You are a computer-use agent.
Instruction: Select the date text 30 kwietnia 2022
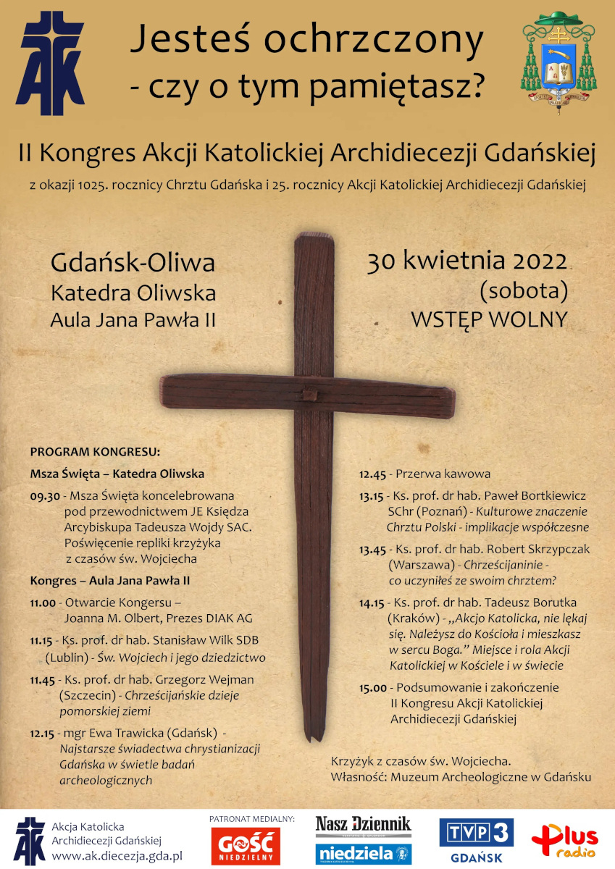(x=467, y=261)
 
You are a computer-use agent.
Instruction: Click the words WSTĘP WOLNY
(x=489, y=319)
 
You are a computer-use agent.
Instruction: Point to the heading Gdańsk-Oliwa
(x=133, y=263)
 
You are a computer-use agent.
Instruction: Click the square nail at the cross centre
(x=309, y=395)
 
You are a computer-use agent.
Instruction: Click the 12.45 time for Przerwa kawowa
(x=374, y=474)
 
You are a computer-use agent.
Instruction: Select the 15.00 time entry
(x=374, y=687)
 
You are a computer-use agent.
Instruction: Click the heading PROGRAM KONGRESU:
(x=94, y=452)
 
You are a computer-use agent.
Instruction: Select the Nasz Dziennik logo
(x=363, y=824)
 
